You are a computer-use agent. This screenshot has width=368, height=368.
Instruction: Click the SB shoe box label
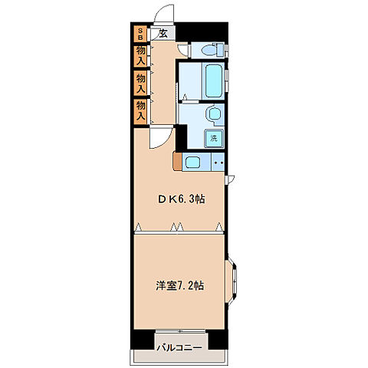pos(140,34)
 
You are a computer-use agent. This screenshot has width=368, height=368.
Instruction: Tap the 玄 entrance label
pos(163,34)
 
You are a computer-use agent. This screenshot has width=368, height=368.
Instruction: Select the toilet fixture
pos(212,50)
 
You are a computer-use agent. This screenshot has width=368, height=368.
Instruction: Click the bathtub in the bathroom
pos(213,80)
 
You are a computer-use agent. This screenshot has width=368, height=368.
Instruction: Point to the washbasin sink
pos(215,114)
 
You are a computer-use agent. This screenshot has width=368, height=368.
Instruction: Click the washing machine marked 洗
pos(214,138)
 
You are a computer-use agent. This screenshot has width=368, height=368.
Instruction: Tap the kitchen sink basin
pos(192,163)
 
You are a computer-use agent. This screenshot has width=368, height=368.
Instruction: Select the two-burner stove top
pos(219,162)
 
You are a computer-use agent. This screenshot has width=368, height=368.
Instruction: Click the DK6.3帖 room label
pos(182,199)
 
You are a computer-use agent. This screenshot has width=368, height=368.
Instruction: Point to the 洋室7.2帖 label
pos(180,285)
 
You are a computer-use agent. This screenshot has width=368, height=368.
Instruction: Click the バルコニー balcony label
pos(179,348)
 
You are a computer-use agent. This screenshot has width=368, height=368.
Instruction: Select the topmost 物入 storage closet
pos(140,56)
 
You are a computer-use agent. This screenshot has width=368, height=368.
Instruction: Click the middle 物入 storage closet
pos(140,84)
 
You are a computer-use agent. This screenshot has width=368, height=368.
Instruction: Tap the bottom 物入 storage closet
pos(140,112)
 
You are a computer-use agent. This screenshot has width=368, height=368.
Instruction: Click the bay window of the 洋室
pos(231,281)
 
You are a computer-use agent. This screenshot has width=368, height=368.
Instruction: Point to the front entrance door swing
pos(163,13)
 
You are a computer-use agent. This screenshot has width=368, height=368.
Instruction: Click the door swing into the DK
pos(161,138)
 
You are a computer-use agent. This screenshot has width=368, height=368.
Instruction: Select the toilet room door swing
pos(183,50)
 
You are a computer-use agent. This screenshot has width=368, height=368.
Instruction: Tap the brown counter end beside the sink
pos(177,161)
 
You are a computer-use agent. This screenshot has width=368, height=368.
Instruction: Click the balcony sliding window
pos(180,331)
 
